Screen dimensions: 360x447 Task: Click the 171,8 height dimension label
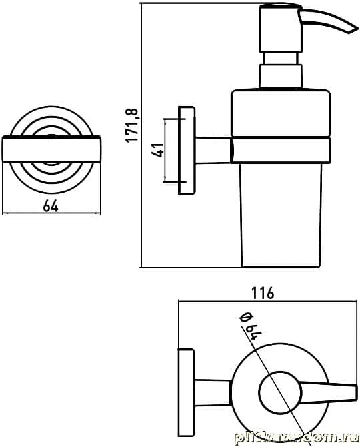133,125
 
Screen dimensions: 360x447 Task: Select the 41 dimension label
157,150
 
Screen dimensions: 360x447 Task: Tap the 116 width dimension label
263,293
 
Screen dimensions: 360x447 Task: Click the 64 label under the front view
51,205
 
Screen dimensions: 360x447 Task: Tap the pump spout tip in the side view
353,29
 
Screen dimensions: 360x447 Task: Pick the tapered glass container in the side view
281,215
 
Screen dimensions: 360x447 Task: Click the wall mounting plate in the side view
187,150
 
